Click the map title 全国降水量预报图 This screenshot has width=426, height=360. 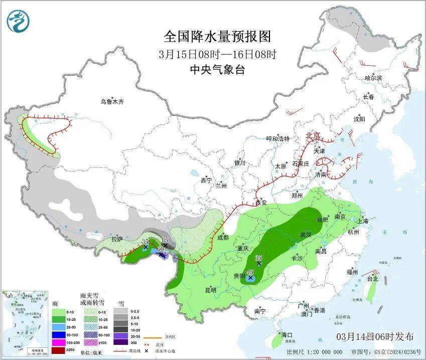point(217,36)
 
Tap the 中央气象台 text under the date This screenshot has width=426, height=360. point(217,70)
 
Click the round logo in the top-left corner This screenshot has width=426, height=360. point(18,21)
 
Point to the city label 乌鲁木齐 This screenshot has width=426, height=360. point(111,102)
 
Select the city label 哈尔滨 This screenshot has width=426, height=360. point(373,78)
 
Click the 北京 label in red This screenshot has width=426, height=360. point(313,135)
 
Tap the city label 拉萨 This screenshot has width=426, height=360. point(117,239)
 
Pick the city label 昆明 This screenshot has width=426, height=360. point(211,290)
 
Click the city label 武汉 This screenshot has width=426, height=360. point(305,235)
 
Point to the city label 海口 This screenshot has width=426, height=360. point(287,334)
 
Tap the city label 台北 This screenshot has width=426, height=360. point(372,279)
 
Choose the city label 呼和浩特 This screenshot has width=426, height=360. point(277,139)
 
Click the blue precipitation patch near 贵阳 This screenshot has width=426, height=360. point(251,277)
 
